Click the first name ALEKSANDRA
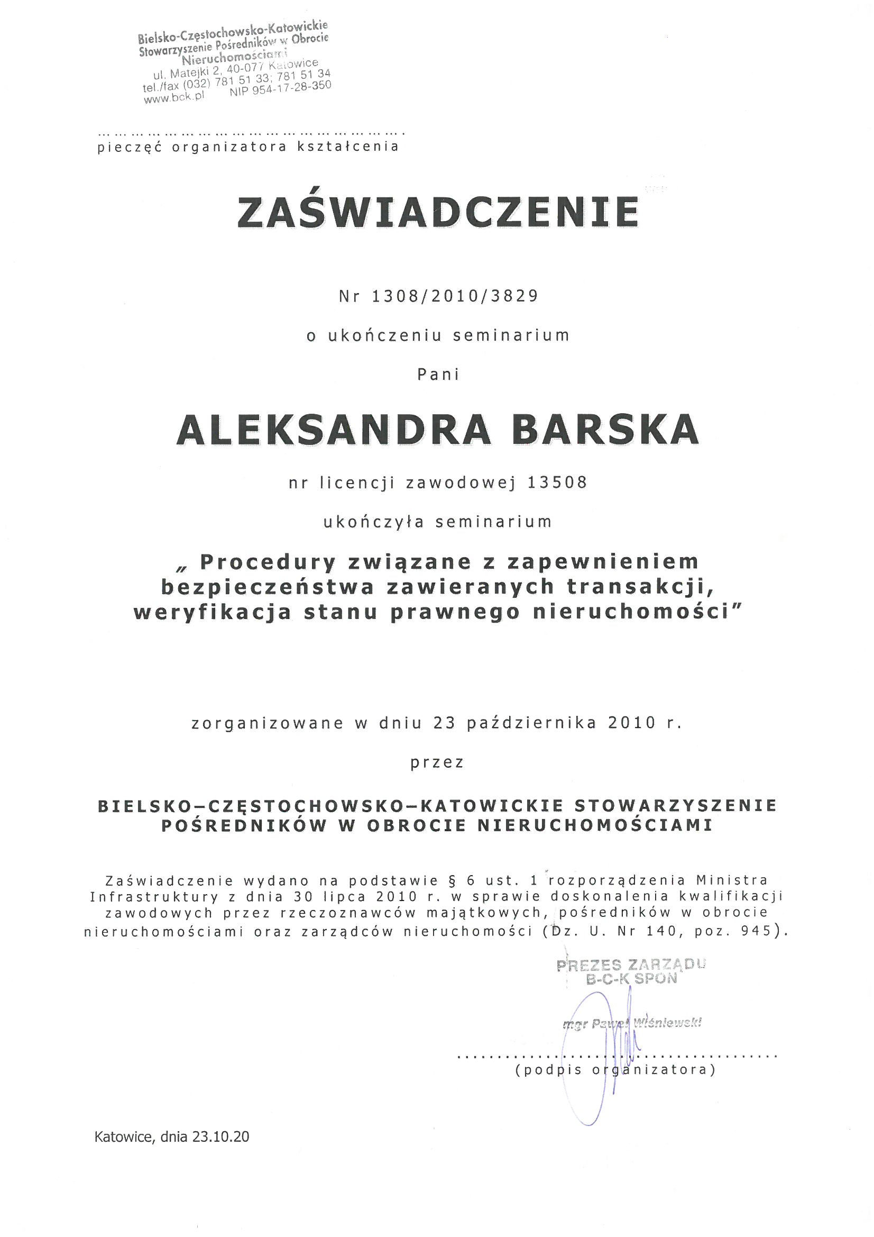point(333,430)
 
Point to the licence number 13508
point(557,482)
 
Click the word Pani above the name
point(438,375)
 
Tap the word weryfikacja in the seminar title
point(211,613)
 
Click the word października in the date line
point(531,723)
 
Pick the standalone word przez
point(437,762)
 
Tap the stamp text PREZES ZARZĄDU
point(631,965)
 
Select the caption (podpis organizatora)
point(615,1069)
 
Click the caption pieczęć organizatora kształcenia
point(249,147)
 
